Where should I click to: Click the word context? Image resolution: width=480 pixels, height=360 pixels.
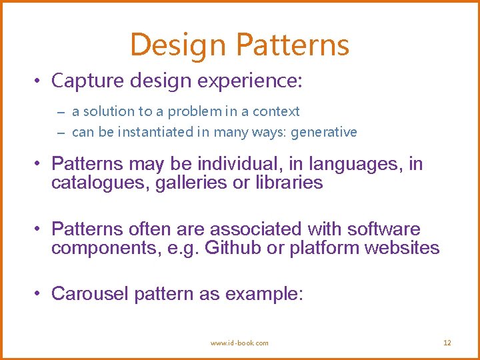(276, 111)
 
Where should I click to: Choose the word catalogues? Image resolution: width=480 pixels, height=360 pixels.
(100, 183)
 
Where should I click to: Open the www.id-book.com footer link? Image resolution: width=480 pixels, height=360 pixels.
(239, 343)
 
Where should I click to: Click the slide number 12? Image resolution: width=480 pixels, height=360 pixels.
(447, 343)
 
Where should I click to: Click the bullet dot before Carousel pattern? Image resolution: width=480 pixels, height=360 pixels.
(40, 293)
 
